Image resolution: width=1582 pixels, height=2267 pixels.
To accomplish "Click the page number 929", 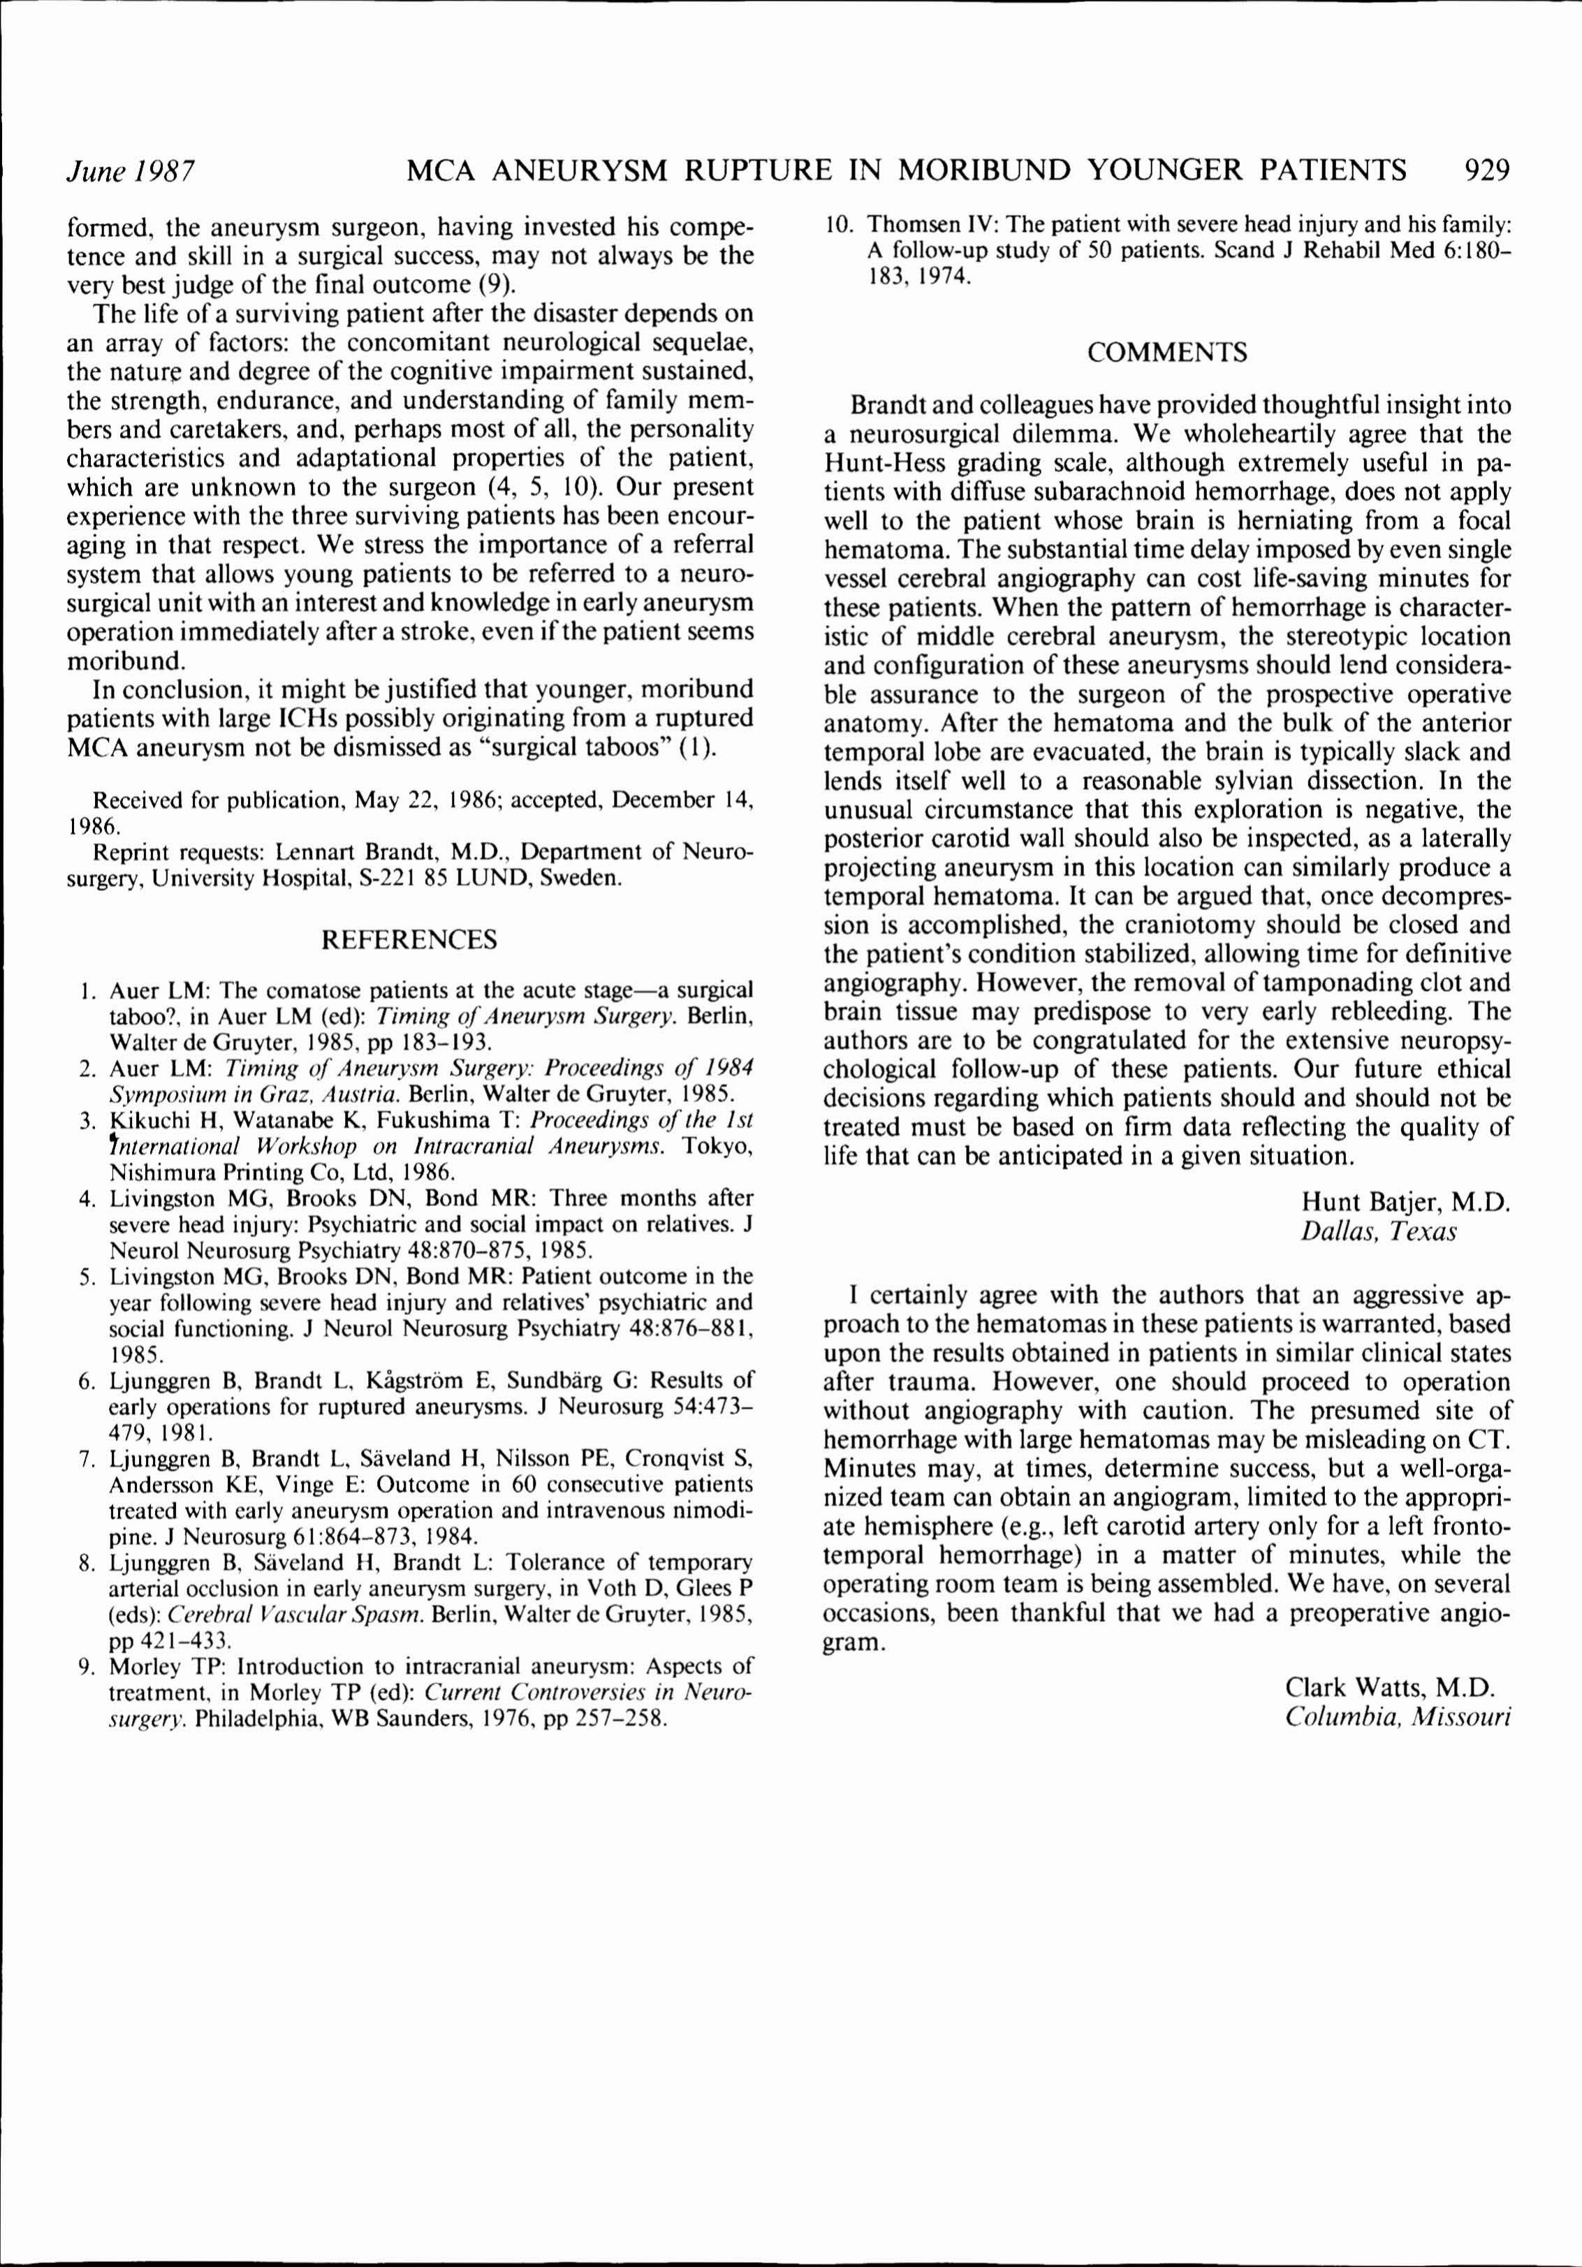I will pos(1486,171).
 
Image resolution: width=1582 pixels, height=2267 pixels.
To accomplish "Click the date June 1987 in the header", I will pos(129,172).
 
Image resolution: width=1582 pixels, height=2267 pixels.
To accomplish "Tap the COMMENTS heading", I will pos(1166,353).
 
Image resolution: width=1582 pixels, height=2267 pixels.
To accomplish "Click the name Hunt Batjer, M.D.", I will pos(1406,1202).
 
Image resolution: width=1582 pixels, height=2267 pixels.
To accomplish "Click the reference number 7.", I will pos(86,1458).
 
